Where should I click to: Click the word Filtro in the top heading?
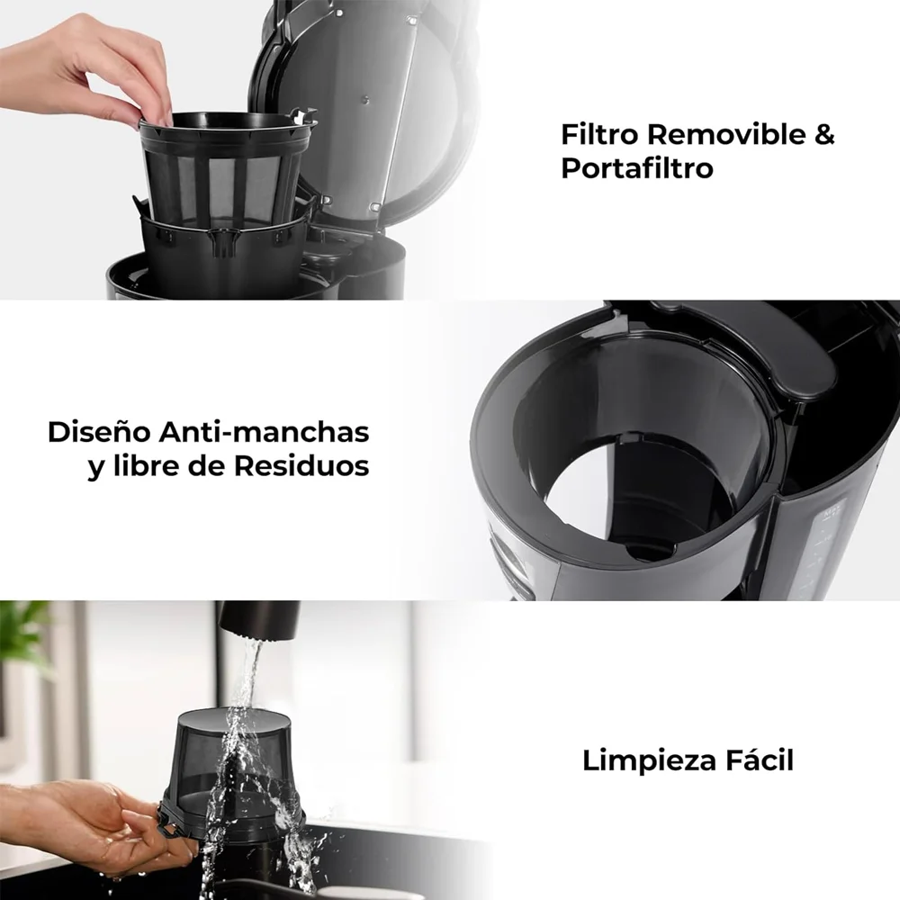click(x=599, y=134)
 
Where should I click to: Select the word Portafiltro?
click(x=637, y=168)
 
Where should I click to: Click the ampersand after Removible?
click(x=824, y=134)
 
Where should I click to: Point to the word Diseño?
click(x=99, y=432)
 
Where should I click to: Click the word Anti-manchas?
click(x=264, y=432)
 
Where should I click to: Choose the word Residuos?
click(x=301, y=465)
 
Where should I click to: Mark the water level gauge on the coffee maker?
click(x=826, y=545)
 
